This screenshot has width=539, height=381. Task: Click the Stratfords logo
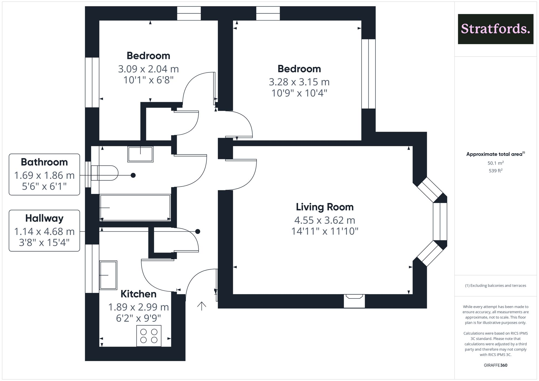click(x=495, y=29)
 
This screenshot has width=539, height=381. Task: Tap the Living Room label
click(x=324, y=207)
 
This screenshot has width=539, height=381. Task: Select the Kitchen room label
click(x=138, y=294)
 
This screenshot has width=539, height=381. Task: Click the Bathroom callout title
click(x=44, y=162)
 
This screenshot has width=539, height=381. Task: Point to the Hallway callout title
click(x=44, y=218)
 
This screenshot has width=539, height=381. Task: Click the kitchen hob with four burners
click(x=149, y=336)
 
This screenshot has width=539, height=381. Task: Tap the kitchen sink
click(x=108, y=275)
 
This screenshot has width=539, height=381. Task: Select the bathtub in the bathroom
click(x=135, y=208)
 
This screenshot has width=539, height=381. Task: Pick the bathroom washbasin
click(x=140, y=154)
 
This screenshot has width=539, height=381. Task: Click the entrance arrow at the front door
click(x=202, y=306)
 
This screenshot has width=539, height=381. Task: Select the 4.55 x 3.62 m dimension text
click(x=324, y=221)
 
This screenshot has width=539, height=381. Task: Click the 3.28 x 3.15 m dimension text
click(x=299, y=82)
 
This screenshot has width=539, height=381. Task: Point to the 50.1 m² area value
click(x=495, y=163)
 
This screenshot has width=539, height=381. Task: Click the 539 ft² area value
click(x=495, y=171)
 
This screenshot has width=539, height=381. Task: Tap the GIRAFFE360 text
click(x=495, y=365)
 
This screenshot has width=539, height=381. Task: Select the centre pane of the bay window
click(x=440, y=221)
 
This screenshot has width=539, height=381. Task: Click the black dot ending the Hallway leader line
click(x=198, y=232)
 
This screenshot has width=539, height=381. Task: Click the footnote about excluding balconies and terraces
click(x=495, y=286)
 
